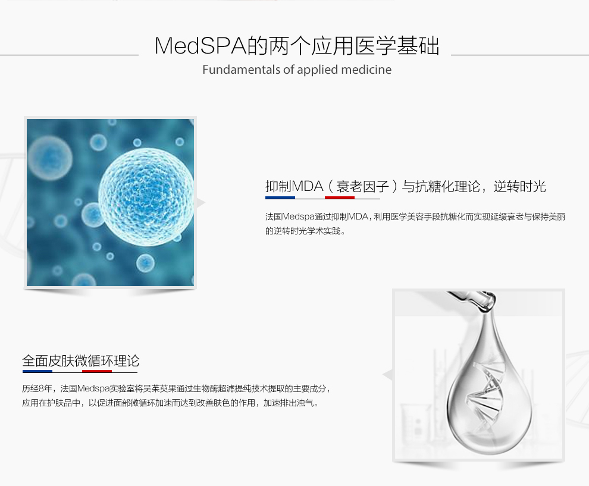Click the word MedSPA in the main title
tap(200, 46)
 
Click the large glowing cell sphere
tap(146, 196)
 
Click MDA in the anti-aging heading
tap(307, 186)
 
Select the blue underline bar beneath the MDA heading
tap(280, 197)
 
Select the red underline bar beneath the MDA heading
tap(340, 197)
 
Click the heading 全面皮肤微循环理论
tap(81, 360)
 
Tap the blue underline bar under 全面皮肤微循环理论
tap(37, 371)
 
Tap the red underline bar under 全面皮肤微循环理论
tap(97, 371)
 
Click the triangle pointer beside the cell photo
tap(201, 203)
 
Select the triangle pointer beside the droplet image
tap(387, 374)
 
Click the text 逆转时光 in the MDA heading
tap(519, 186)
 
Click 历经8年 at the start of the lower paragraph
tap(37, 388)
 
